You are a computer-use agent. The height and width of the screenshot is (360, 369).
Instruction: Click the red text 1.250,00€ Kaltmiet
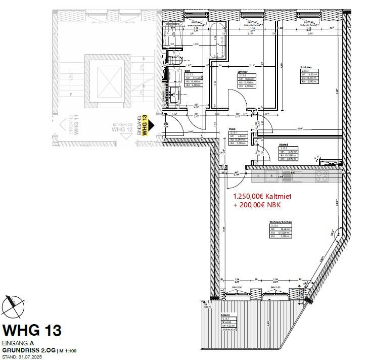point(262,196)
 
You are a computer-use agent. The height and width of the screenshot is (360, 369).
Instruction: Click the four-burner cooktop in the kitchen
point(321,176)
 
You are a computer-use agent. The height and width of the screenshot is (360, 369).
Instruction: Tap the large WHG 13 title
point(32,330)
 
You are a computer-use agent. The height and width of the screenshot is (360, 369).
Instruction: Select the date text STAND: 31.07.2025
point(23,356)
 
